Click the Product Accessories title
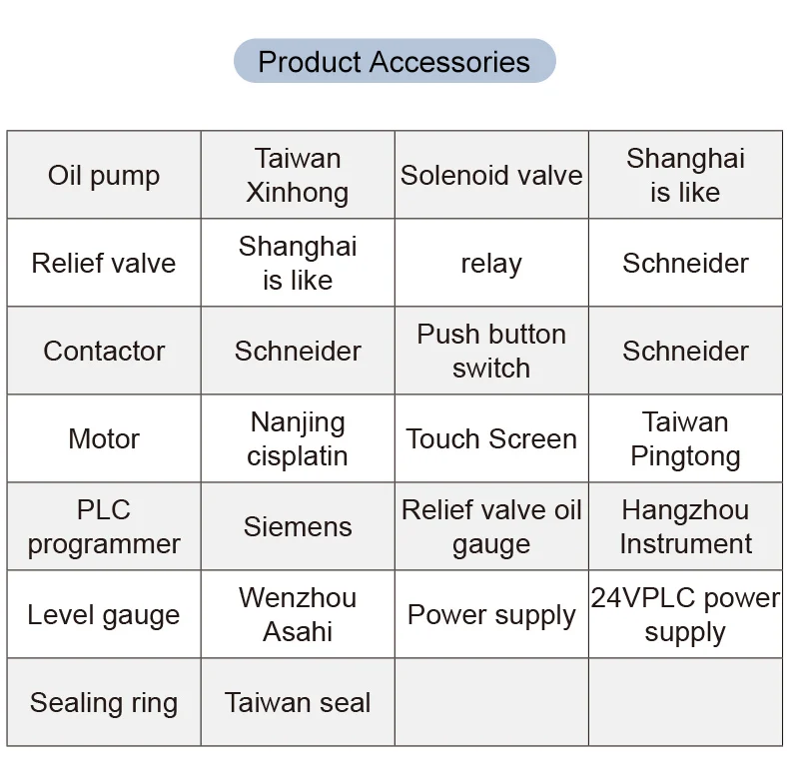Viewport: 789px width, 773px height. [x=394, y=62]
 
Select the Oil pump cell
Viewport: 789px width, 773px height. [x=104, y=176]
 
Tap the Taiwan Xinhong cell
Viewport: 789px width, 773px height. [x=298, y=176]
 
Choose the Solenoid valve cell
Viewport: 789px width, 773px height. [x=491, y=176]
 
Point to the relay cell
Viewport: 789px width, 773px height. [x=491, y=264]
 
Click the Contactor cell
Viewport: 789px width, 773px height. [x=104, y=352]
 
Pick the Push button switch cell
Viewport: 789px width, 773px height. [x=491, y=352]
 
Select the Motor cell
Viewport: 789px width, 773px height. [x=104, y=439]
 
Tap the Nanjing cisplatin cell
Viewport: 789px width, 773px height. [x=298, y=439]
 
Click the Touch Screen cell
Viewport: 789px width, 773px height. [x=491, y=439]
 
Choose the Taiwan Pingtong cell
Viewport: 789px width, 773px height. [x=685, y=439]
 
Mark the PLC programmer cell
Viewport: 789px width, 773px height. [x=104, y=527]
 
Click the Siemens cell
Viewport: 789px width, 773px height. [x=298, y=527]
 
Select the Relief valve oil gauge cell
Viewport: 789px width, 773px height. [x=491, y=527]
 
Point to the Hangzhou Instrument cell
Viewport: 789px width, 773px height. [x=685, y=527]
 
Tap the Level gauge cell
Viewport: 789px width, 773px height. [x=104, y=615]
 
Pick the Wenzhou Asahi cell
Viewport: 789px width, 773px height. [x=298, y=615]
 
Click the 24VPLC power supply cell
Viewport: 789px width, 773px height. [x=685, y=615]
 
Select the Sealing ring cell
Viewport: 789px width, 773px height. [x=104, y=703]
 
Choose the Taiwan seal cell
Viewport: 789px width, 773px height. [x=298, y=703]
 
